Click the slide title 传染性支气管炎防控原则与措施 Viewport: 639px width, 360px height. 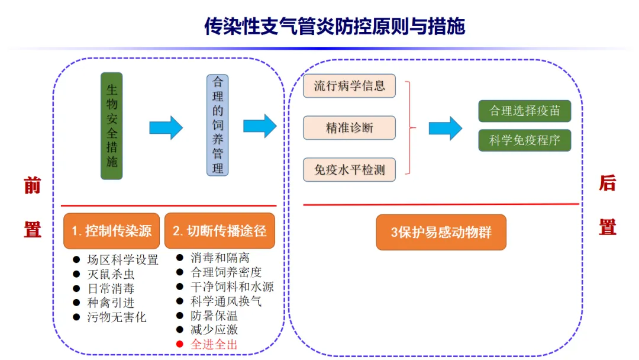pyautogui.click(x=334, y=27)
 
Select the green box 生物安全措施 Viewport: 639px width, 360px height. pyautogui.click(x=112, y=126)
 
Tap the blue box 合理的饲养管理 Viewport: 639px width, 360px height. pyautogui.click(x=218, y=125)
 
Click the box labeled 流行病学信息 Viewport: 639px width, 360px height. pyautogui.click(x=349, y=86)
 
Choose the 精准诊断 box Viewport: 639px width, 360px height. pyautogui.click(x=349, y=127)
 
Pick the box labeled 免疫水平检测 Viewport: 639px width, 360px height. pyautogui.click(x=349, y=170)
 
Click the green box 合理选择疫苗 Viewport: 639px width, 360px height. pyautogui.click(x=524, y=111)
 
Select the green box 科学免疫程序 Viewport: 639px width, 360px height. pyautogui.click(x=524, y=140)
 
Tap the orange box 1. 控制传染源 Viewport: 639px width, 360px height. pyautogui.click(x=112, y=230)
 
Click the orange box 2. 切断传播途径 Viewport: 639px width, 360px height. pyautogui.click(x=220, y=230)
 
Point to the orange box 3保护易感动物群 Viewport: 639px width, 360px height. pyautogui.click(x=441, y=232)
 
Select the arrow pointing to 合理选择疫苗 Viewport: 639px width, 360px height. pyautogui.click(x=445, y=128)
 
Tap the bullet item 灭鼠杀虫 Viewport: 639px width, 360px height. pyautogui.click(x=111, y=274)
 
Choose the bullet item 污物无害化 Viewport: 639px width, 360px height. pyautogui.click(x=117, y=317)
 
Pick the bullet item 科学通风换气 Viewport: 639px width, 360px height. pyautogui.click(x=226, y=301)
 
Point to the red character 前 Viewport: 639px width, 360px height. pyautogui.click(x=32, y=185)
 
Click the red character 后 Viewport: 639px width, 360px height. pyautogui.click(x=607, y=184)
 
